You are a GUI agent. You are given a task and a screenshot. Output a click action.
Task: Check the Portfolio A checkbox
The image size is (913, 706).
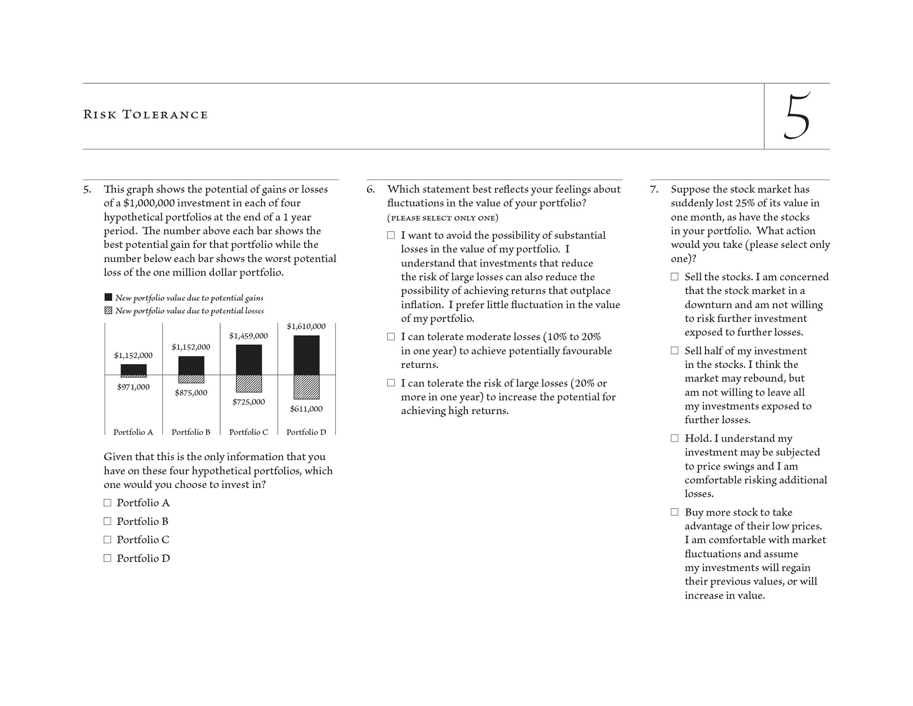[x=107, y=503]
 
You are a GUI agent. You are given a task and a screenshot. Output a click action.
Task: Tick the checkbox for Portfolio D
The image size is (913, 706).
[x=107, y=558]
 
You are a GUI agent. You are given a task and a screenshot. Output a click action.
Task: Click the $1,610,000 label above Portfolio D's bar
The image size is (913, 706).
[x=306, y=326]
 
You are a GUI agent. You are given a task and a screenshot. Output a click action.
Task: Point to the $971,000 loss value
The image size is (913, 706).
[x=133, y=387]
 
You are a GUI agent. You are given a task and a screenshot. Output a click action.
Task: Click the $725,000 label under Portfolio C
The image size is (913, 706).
[x=249, y=402]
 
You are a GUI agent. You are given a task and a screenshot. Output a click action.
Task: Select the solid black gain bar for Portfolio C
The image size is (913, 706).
[x=249, y=360]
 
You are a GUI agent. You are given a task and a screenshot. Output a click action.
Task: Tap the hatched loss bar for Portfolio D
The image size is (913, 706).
[x=306, y=387]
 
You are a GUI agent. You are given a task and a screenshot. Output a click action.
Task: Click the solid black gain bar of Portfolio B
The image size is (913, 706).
[x=191, y=365]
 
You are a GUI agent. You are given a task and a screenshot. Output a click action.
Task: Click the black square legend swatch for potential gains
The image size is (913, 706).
[x=108, y=297]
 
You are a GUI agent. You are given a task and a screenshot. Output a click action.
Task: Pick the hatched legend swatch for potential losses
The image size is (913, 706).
[x=108, y=311]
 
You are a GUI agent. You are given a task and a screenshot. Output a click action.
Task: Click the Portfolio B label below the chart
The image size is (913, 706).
[x=191, y=432]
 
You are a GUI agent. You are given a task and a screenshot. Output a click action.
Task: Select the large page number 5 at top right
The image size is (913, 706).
[x=797, y=117]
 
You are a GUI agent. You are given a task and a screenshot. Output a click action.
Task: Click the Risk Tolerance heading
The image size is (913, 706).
[x=146, y=115]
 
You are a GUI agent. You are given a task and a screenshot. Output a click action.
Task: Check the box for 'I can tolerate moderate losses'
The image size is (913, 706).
[x=391, y=337]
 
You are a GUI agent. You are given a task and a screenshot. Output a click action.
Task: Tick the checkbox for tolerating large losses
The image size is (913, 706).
[x=391, y=383]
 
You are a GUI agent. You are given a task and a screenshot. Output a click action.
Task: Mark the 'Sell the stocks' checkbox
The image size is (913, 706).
[x=674, y=277]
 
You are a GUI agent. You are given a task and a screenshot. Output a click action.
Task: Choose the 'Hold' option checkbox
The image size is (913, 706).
[x=674, y=438]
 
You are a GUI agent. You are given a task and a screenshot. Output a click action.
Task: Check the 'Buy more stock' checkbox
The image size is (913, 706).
[x=674, y=512]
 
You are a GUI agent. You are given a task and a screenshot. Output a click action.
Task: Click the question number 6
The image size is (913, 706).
[x=370, y=189]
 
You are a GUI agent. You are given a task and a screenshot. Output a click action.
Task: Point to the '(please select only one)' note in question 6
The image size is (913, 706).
[x=443, y=218]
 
